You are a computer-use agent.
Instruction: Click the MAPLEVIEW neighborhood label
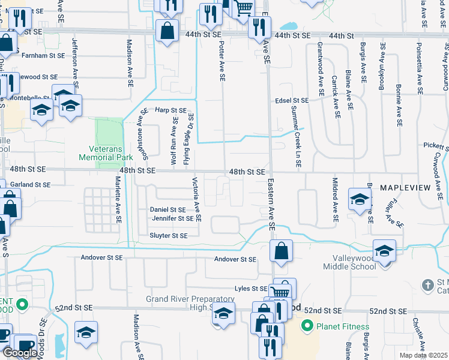click(405, 188)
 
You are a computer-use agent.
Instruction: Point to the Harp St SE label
click(170, 110)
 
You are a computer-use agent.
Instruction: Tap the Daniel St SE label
click(167, 209)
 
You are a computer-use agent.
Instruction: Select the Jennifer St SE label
click(172, 218)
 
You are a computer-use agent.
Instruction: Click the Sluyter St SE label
click(169, 236)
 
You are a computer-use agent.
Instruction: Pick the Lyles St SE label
click(250, 289)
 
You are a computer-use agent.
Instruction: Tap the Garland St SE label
click(29, 185)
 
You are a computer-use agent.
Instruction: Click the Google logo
click(19, 353)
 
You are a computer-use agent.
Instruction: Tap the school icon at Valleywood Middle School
click(384, 251)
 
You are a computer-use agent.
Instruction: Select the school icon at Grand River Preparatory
click(223, 314)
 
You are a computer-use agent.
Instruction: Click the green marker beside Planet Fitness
click(308, 326)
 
